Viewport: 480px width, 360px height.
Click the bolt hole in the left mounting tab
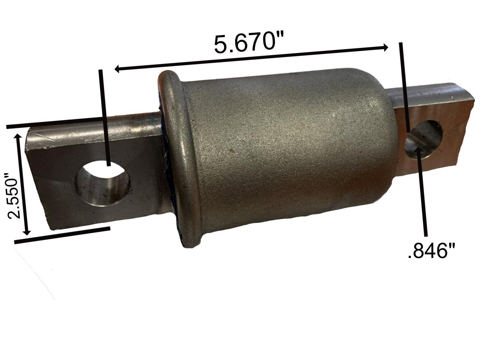[x=103, y=183]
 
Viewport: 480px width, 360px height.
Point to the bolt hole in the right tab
[x=424, y=139]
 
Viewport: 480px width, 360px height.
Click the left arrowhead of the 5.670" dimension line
[x=118, y=69]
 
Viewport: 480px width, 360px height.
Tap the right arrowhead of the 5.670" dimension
[x=384, y=48]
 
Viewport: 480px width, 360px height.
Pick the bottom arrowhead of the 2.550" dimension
[x=27, y=232]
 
